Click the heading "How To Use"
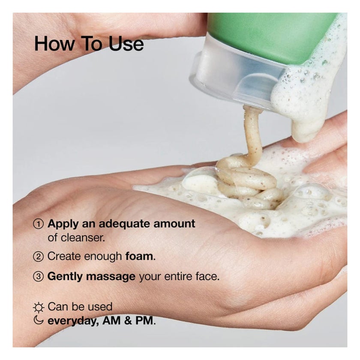[89, 44]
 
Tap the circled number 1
[39, 224]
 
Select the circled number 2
[39, 257]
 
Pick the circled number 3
[39, 277]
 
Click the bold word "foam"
[139, 256]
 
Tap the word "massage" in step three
[111, 276]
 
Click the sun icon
[39, 307]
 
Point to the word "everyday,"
[73, 321]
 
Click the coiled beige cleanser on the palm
[249, 180]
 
